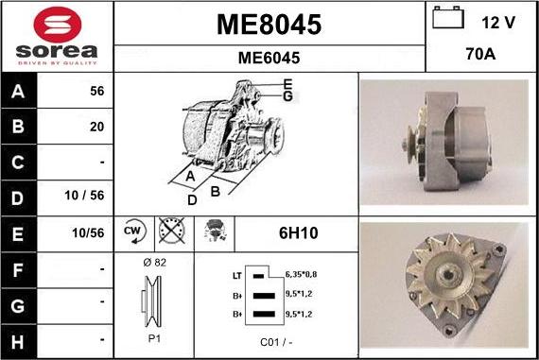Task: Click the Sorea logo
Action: (x=57, y=36)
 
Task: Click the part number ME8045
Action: (x=269, y=24)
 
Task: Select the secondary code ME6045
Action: (x=269, y=58)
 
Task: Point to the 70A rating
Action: (x=481, y=56)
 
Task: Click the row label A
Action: (x=19, y=92)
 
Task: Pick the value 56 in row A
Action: (x=96, y=92)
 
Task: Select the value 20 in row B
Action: (x=96, y=126)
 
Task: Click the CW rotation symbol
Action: (x=133, y=230)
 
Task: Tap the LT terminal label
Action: (x=236, y=275)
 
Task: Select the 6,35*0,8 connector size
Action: (x=300, y=274)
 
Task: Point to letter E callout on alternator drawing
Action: (x=287, y=84)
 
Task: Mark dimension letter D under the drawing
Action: (x=192, y=199)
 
